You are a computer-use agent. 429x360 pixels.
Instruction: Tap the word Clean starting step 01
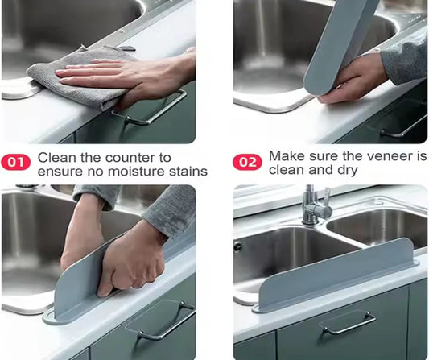(56, 157)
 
